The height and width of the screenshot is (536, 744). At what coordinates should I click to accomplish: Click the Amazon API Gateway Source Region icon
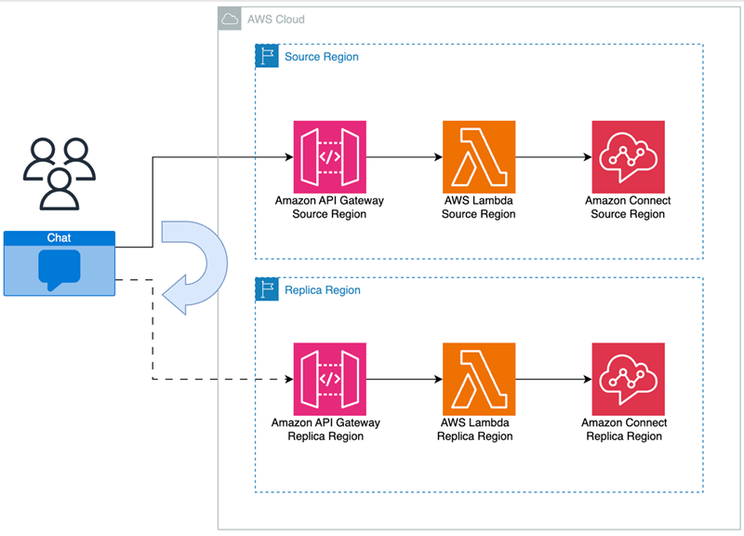(x=329, y=157)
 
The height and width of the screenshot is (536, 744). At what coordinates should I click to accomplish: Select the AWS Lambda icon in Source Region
(x=479, y=157)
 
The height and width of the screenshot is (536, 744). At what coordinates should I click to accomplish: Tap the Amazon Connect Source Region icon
(x=628, y=157)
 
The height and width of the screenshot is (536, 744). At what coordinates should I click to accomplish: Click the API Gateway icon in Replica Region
(x=329, y=379)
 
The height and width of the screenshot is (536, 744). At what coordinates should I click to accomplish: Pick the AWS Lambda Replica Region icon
(x=479, y=379)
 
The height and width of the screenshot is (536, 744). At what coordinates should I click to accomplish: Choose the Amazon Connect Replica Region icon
(x=628, y=379)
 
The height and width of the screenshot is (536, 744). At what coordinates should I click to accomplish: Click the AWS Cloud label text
(x=275, y=20)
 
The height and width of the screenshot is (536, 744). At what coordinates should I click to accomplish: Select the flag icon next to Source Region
(x=267, y=56)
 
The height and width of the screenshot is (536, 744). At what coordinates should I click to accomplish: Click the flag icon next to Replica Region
(x=267, y=289)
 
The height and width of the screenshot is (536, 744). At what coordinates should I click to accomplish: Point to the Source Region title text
(x=321, y=57)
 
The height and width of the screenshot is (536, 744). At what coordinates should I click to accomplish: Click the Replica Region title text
(x=322, y=290)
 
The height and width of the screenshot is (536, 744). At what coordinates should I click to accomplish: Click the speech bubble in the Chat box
(x=60, y=268)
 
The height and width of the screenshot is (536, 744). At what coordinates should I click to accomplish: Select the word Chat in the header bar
(x=60, y=238)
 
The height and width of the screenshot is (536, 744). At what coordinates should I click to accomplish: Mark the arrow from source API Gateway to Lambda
(x=404, y=157)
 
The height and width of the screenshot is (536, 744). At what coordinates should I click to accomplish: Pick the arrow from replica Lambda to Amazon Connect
(x=552, y=379)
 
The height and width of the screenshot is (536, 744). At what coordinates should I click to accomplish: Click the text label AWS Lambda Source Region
(x=478, y=208)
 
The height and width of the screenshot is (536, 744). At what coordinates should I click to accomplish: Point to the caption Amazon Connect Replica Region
(x=624, y=429)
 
